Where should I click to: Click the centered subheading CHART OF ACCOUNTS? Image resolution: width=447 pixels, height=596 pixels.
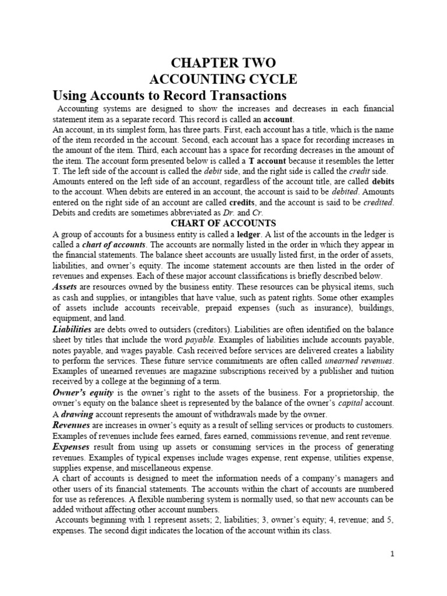coord(223,223)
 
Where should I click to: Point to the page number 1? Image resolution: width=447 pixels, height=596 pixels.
coord(393,554)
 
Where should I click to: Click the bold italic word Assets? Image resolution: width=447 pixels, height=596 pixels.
coord(65,287)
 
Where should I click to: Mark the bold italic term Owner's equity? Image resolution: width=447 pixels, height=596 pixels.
coord(79,393)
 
